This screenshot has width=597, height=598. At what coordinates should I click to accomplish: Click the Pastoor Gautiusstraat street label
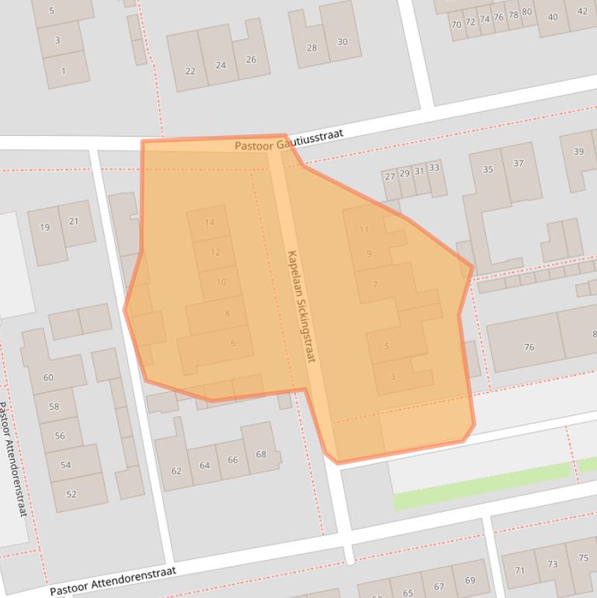click(289, 141)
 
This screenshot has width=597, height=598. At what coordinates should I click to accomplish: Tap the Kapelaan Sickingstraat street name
click(303, 306)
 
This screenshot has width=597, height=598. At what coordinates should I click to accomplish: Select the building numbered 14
click(209, 223)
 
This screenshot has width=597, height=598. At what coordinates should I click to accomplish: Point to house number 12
click(215, 252)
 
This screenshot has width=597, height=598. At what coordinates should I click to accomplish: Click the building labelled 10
click(221, 282)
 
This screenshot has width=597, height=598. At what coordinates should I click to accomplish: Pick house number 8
click(227, 314)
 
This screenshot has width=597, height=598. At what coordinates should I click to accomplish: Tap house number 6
click(232, 343)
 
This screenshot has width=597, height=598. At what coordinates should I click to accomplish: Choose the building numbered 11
click(364, 230)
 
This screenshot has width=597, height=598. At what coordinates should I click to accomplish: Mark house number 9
click(369, 254)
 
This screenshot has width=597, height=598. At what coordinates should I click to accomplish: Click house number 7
click(375, 284)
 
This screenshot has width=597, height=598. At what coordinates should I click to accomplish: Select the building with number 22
click(190, 71)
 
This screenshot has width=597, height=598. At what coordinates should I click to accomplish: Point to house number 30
click(342, 42)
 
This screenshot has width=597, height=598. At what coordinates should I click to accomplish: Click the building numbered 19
click(45, 228)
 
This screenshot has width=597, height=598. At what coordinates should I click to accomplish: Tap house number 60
click(49, 377)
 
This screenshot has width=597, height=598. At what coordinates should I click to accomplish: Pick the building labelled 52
click(71, 494)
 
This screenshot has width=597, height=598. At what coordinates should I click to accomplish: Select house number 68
click(261, 454)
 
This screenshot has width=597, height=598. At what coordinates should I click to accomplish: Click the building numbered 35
click(488, 169)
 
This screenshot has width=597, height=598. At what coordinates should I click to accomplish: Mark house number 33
click(433, 168)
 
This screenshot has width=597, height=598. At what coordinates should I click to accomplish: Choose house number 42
click(582, 11)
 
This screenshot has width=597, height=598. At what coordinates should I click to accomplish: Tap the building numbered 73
click(552, 565)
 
